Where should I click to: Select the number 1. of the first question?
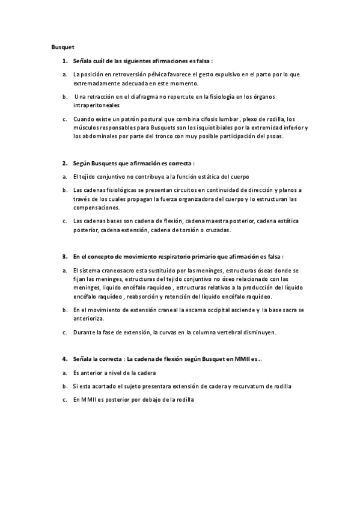[64, 61]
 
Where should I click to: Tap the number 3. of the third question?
[64, 256]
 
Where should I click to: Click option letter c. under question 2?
[64, 221]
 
